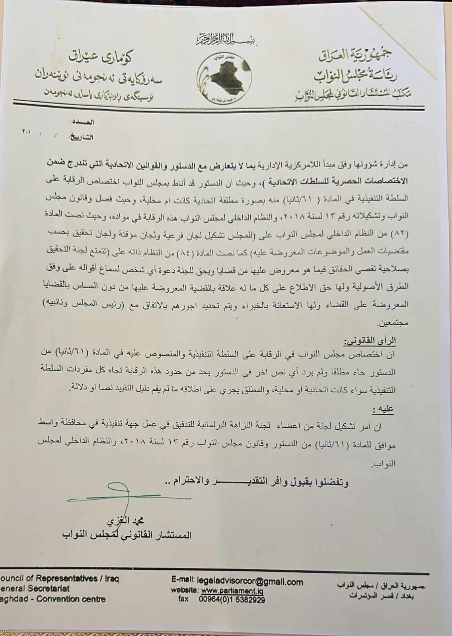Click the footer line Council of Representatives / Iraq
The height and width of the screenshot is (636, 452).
coord(60,579)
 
